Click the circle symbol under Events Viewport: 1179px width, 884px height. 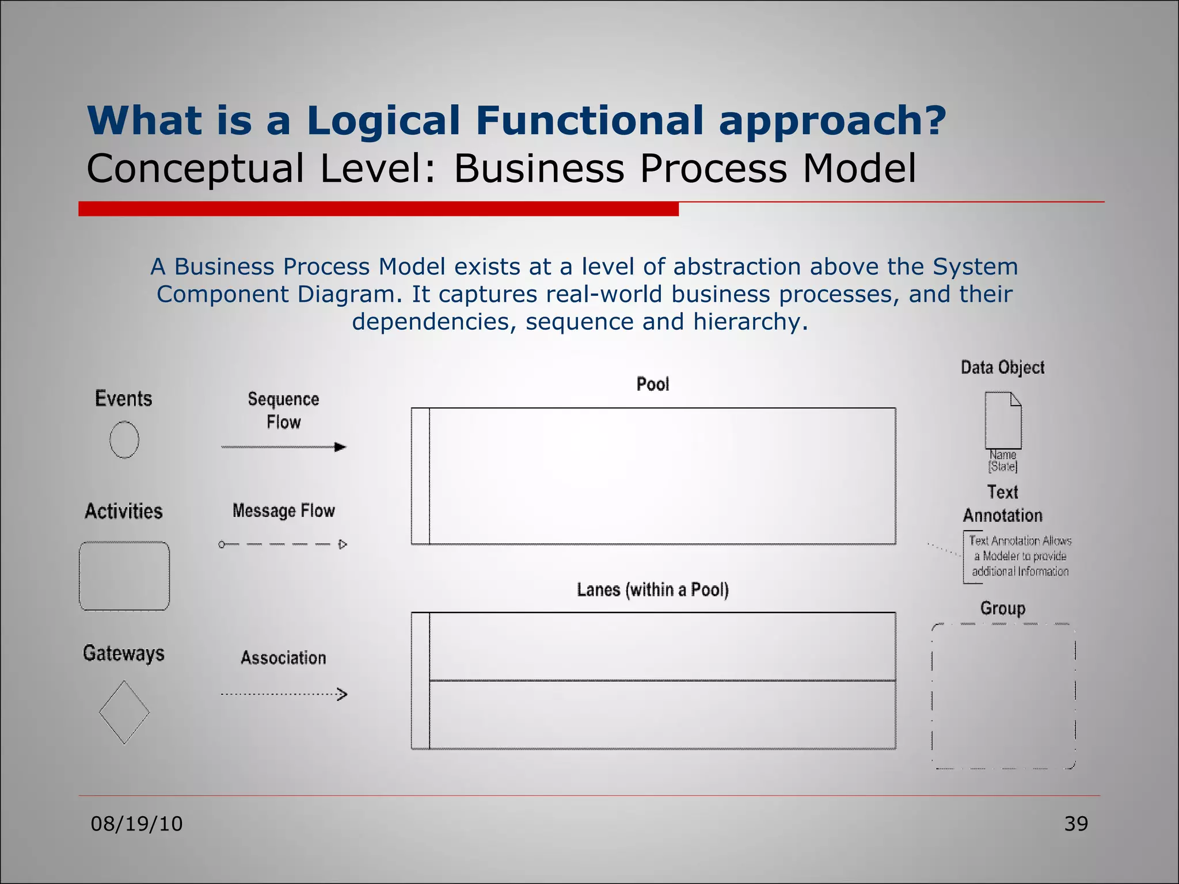(x=124, y=440)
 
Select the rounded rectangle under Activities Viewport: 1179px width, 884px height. (x=124, y=576)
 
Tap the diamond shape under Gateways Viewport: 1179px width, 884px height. (x=124, y=712)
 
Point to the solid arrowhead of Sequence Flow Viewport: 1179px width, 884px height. (x=340, y=447)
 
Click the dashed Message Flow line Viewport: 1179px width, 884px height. (x=282, y=544)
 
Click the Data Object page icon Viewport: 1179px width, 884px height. (x=1003, y=420)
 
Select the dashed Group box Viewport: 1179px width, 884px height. (x=1003, y=696)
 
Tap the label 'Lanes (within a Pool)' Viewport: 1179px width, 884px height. (x=653, y=590)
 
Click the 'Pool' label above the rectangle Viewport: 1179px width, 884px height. (x=653, y=384)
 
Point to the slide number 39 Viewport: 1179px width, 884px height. (x=1075, y=824)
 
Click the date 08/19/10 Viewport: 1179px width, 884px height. (x=136, y=824)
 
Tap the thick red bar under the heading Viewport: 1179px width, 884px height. (x=378, y=209)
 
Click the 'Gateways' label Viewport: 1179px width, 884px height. (x=124, y=653)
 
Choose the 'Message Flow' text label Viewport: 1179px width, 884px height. (x=283, y=510)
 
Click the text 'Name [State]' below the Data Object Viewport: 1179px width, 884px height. (x=1003, y=461)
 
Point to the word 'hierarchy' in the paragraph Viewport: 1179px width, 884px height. (x=746, y=321)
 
